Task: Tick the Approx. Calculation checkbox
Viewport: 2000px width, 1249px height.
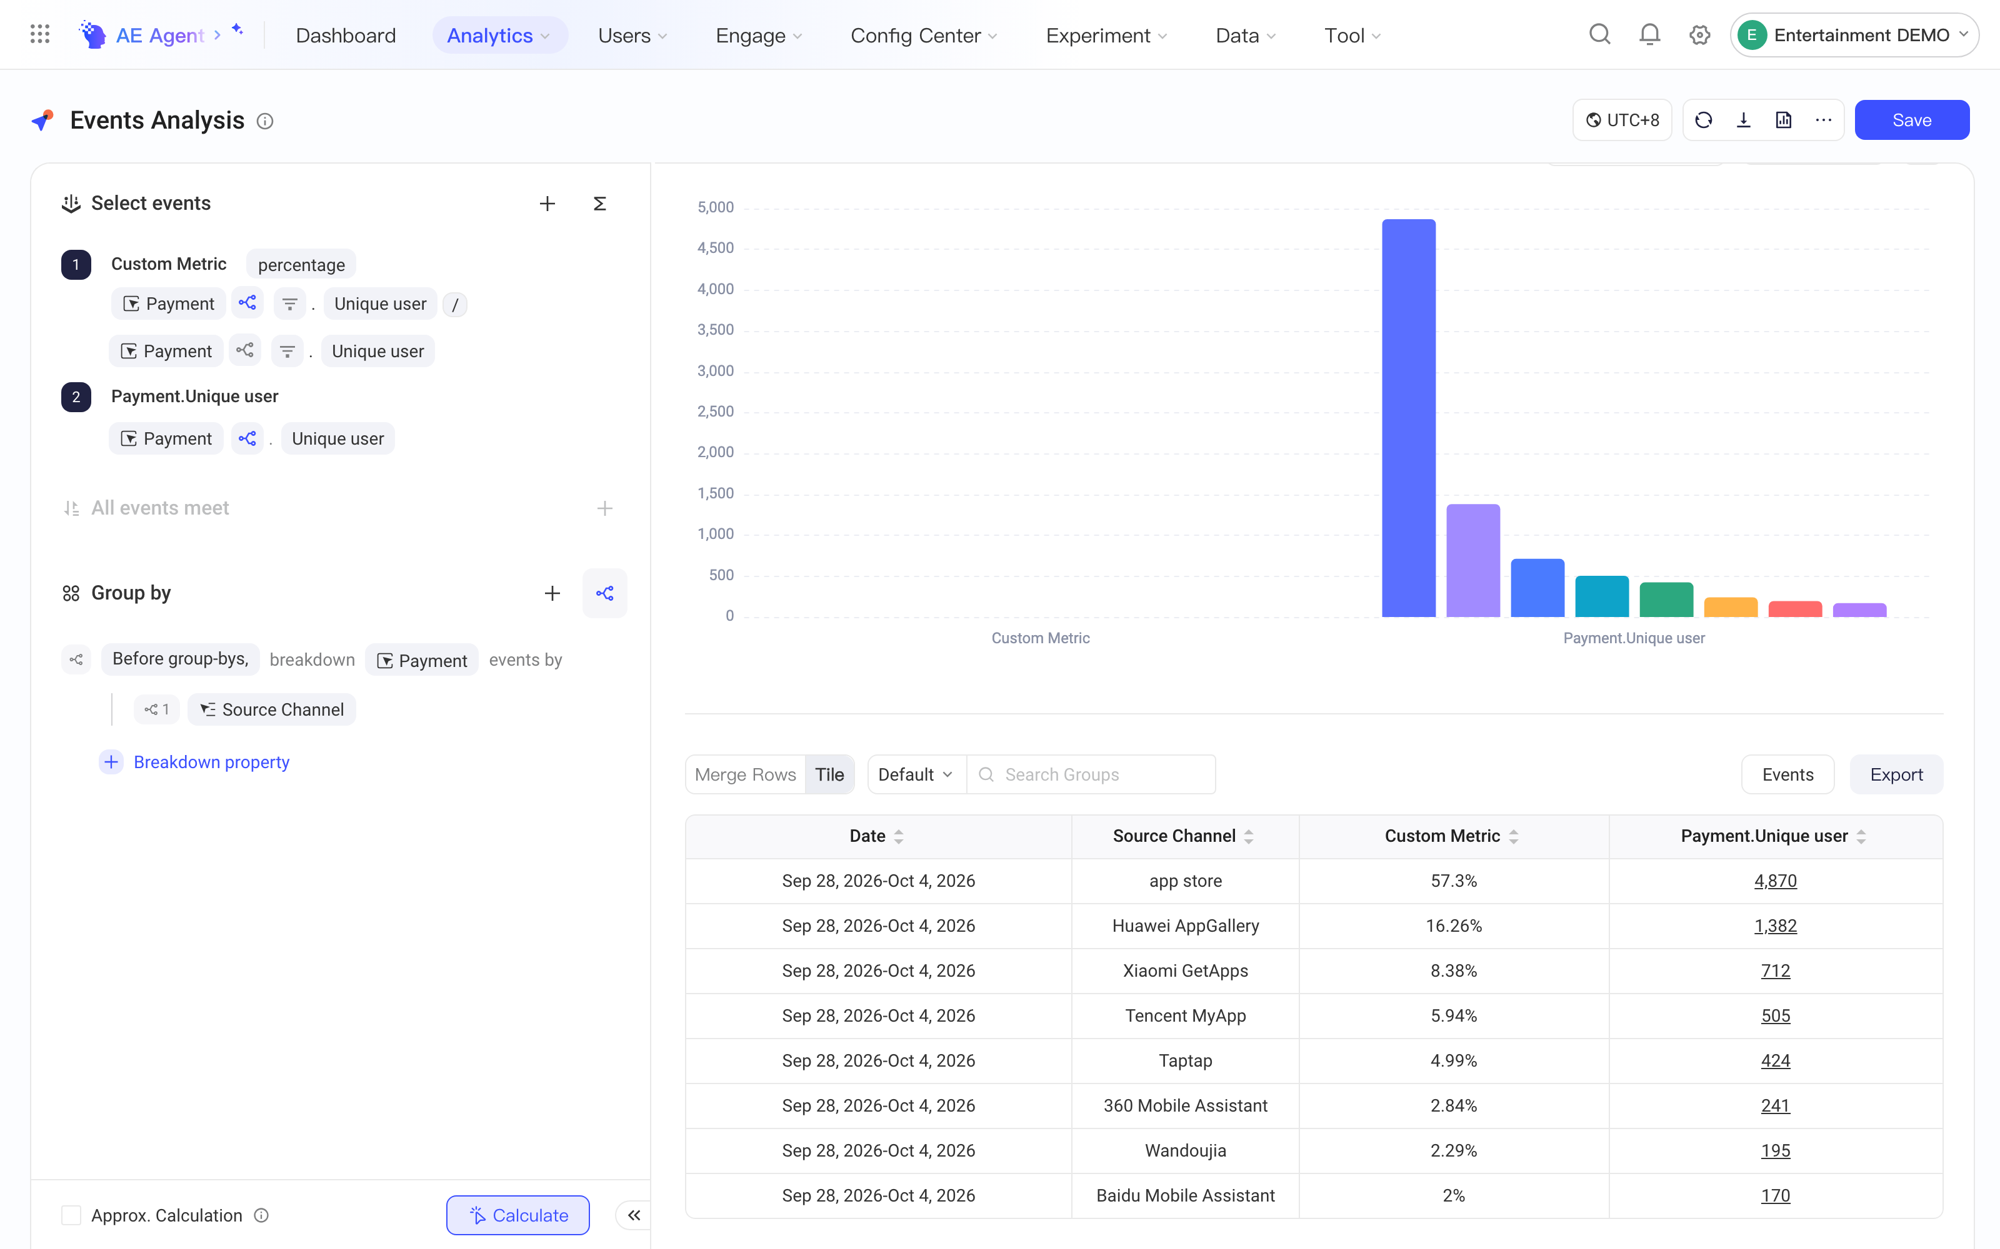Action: pyautogui.click(x=72, y=1215)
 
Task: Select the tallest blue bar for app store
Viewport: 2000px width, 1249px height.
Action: pyautogui.click(x=1408, y=418)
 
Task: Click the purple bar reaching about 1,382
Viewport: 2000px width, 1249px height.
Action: pyautogui.click(x=1472, y=560)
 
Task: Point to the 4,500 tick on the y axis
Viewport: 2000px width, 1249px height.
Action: pyautogui.click(x=715, y=248)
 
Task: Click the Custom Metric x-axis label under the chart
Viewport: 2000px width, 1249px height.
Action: pyautogui.click(x=1041, y=638)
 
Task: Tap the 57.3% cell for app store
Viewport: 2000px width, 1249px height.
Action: pyautogui.click(x=1454, y=881)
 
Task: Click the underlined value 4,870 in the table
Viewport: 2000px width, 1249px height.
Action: pyautogui.click(x=1775, y=881)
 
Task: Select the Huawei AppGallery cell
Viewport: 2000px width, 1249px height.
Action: pyautogui.click(x=1185, y=925)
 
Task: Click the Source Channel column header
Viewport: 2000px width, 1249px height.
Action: pyautogui.click(x=1174, y=836)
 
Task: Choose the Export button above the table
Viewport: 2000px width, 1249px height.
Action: pyautogui.click(x=1896, y=774)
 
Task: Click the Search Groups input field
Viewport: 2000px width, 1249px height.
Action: pyautogui.click(x=1091, y=774)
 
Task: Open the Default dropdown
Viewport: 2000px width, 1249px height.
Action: pyautogui.click(x=916, y=774)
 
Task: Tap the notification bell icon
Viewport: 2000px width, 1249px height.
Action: pyautogui.click(x=1649, y=35)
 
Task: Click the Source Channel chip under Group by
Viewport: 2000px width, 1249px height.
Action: pyautogui.click(x=272, y=709)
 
